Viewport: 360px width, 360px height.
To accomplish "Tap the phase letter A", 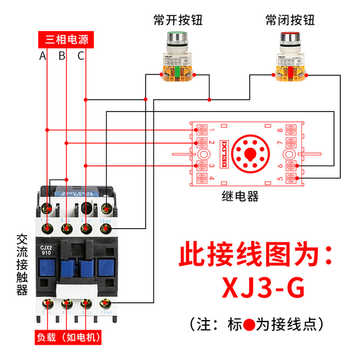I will pos(43,56).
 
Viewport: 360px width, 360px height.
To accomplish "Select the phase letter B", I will pos(62,56).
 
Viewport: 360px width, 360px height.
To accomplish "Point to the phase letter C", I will pos(81,56).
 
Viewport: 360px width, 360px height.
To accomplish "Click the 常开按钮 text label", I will pos(178,20).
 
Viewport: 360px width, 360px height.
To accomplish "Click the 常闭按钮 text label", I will pos(290,20).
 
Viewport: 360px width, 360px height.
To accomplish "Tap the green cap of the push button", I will pos(177,36).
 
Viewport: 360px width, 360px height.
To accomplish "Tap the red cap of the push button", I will pos(289,36).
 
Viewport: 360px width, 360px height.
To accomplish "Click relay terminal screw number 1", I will pos(202,130).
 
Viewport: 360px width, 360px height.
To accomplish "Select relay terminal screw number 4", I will pos(202,179).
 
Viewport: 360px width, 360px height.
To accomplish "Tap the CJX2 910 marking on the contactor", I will pos(47,249).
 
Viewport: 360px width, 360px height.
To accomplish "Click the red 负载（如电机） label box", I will pos(68,337).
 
